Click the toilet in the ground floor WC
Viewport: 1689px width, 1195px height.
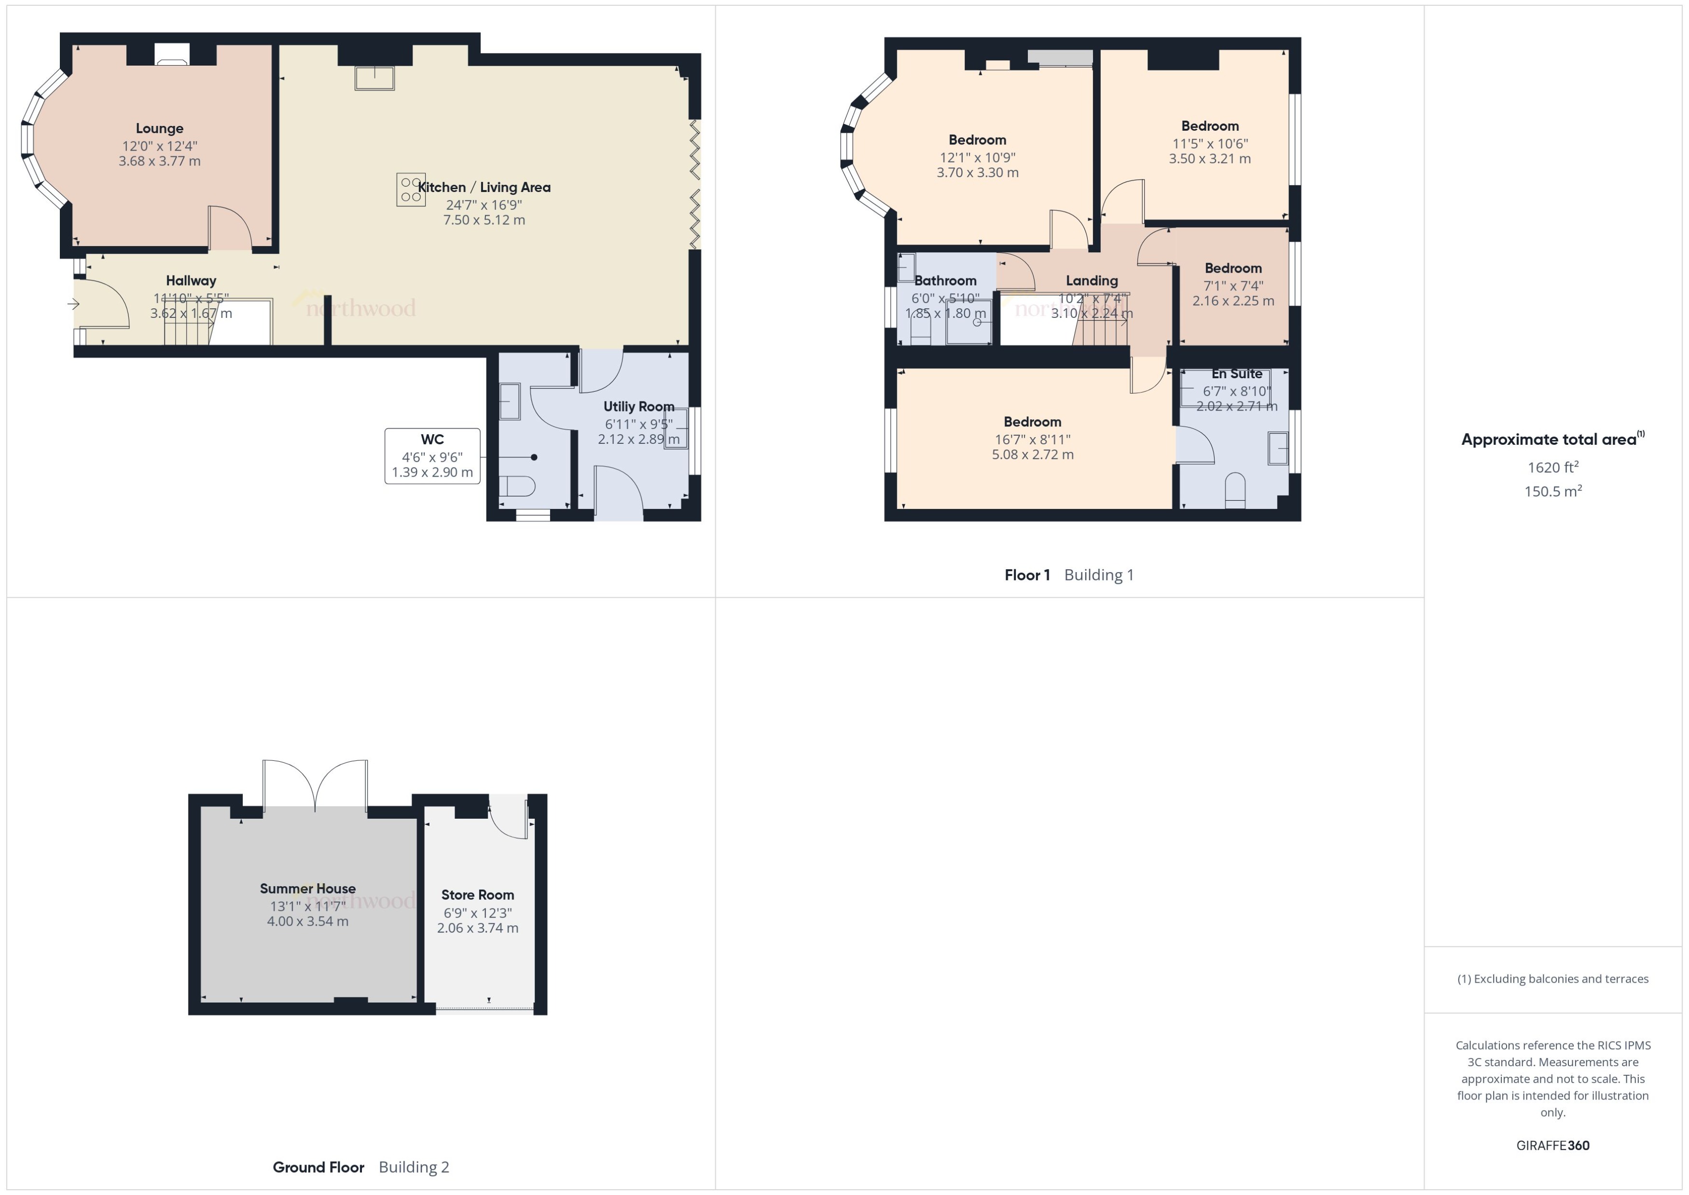tap(517, 486)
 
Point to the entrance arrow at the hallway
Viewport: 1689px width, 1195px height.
tap(74, 303)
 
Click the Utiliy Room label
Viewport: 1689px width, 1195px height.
tap(638, 406)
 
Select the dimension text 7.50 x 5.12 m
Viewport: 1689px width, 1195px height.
tap(484, 220)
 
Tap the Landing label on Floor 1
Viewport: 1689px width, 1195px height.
tap(1092, 280)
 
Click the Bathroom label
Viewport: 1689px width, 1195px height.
tap(945, 280)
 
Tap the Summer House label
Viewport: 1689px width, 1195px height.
tap(307, 888)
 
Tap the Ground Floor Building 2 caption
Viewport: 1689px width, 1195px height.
tap(360, 1167)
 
